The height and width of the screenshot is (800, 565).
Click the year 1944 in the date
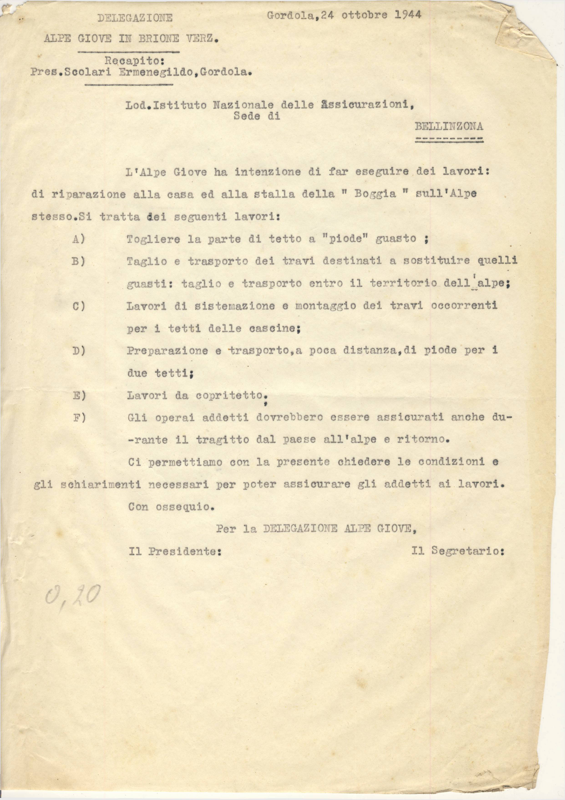pos(408,15)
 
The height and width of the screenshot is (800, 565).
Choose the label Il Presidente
pos(175,551)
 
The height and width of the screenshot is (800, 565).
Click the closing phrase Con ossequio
pos(171,507)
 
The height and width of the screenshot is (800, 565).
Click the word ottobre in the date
pos(364,15)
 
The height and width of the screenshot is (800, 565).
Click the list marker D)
pos(79,351)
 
